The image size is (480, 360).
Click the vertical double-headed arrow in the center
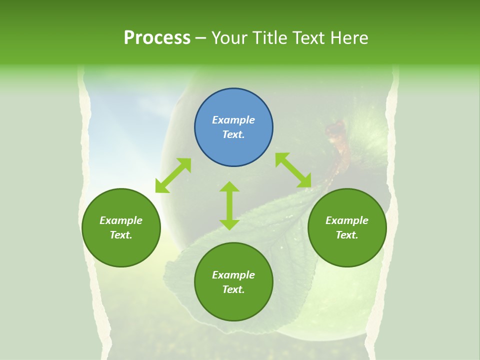pos(229,205)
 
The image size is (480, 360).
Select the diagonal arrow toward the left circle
pos(173,175)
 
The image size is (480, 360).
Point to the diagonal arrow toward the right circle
pos(293,170)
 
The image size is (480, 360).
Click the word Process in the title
pos(157,37)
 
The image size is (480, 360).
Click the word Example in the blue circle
pos(233,120)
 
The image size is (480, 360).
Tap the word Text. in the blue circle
pos(233,134)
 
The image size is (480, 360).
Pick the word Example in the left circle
pos(121,220)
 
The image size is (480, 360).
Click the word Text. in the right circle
pos(347,235)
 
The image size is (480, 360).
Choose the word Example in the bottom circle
pos(233,275)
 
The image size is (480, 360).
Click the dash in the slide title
pos(201,38)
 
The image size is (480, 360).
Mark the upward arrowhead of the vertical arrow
pos(229,186)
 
